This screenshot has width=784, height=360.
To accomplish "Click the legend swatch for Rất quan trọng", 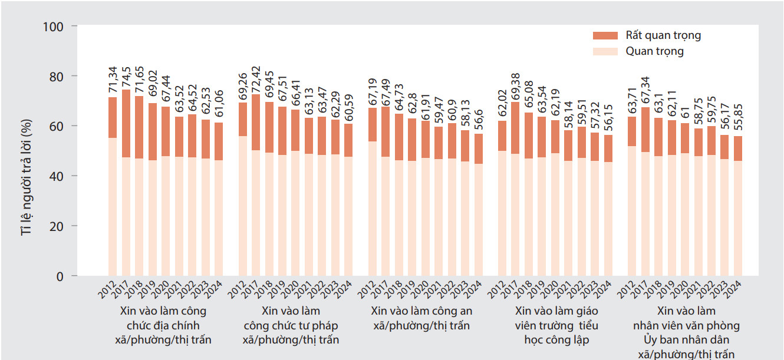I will (x=604, y=35).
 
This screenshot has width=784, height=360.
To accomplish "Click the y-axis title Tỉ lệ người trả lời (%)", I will (x=27, y=177).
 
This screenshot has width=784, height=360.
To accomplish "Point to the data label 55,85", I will (x=737, y=117).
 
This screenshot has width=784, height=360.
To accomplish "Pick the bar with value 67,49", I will (x=386, y=191).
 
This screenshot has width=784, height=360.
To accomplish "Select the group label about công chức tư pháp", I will (x=291, y=325).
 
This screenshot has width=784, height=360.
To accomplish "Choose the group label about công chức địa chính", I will (x=163, y=325).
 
